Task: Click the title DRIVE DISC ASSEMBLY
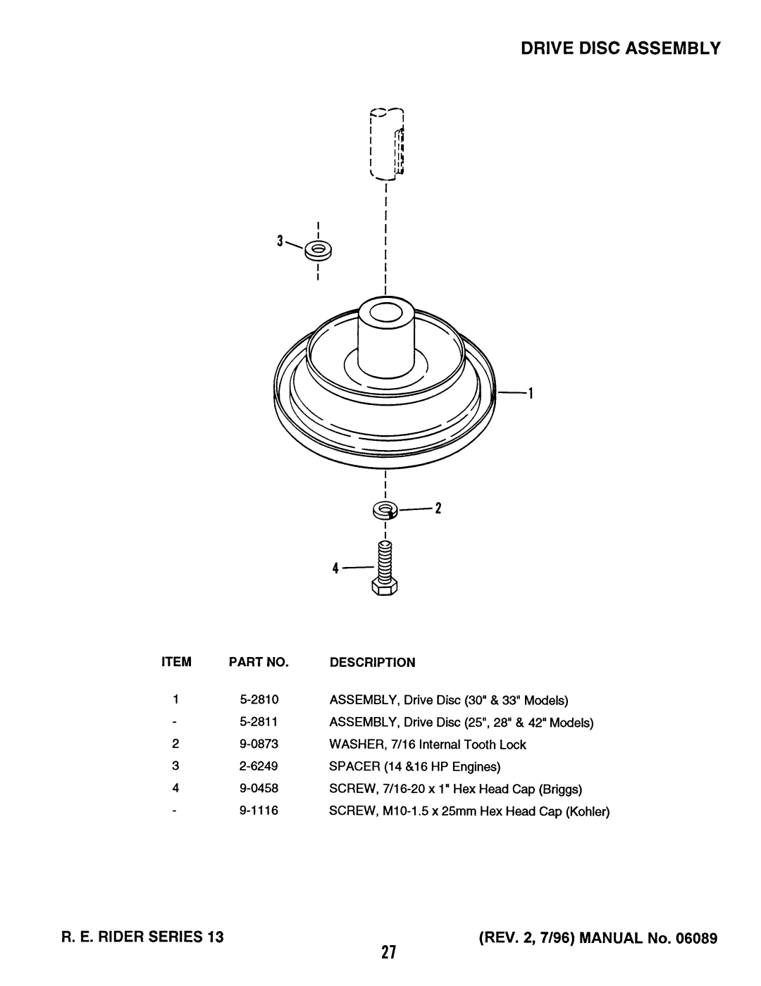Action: (x=620, y=48)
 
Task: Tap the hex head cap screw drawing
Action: (x=385, y=568)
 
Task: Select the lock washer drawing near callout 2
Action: (x=385, y=511)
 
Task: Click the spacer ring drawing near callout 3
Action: (x=318, y=251)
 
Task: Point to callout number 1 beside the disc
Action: (x=530, y=393)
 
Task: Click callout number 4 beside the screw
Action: (x=335, y=568)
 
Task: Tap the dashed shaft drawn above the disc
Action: (x=387, y=144)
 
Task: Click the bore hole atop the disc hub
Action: (x=385, y=313)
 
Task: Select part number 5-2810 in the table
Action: (x=259, y=699)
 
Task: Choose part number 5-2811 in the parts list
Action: (x=259, y=721)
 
